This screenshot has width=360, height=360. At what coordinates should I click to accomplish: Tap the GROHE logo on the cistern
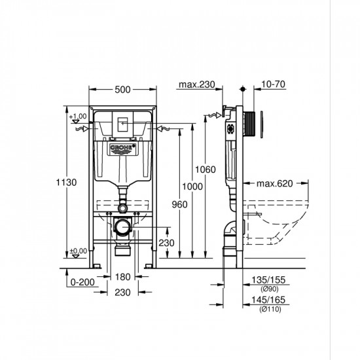point(122,149)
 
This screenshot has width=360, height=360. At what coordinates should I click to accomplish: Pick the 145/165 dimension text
point(268,302)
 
